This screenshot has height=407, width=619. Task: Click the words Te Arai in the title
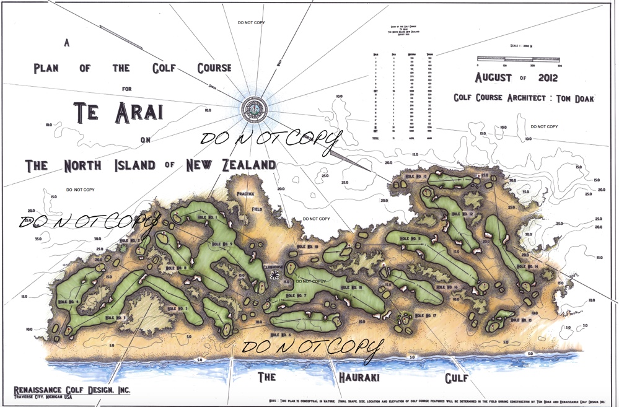[x=118, y=113]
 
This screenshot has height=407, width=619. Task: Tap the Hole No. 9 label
[x=222, y=244]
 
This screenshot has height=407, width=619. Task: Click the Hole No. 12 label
[x=462, y=214]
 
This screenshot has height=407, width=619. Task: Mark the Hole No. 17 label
[x=426, y=316]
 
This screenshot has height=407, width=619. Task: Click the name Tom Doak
[x=574, y=98]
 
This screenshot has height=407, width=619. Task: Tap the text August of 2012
[x=517, y=77]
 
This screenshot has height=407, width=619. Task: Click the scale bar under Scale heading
[x=518, y=59]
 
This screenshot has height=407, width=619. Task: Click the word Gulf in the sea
[x=457, y=377]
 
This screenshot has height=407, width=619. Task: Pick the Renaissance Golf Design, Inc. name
[x=72, y=390]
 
